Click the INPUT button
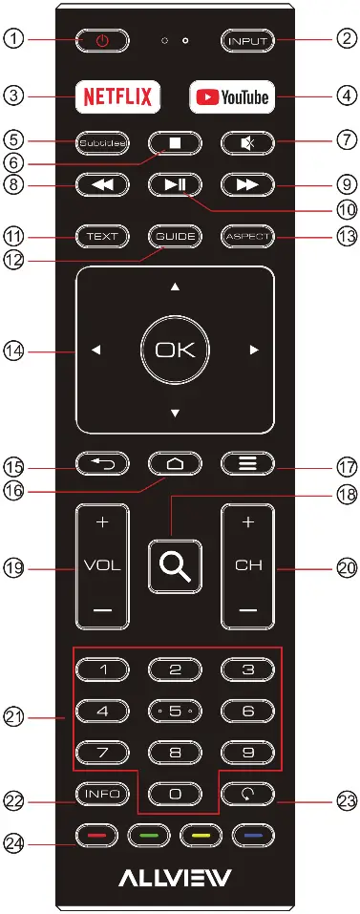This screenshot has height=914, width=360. [x=247, y=41]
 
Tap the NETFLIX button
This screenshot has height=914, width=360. [x=119, y=96]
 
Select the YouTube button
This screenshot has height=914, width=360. [x=232, y=96]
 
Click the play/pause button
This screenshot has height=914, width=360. [x=174, y=185]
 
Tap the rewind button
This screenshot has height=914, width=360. [x=101, y=185]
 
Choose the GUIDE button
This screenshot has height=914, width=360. [x=174, y=235]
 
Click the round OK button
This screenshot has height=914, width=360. [x=174, y=351]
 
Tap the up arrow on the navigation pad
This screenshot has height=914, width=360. [x=174, y=287]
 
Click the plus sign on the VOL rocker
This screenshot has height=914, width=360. [x=102, y=525]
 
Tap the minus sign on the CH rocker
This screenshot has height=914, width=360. [x=248, y=608]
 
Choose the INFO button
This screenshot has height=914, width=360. [x=102, y=792]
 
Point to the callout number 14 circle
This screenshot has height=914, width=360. [x=15, y=351]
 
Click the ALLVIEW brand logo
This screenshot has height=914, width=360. [x=174, y=877]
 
